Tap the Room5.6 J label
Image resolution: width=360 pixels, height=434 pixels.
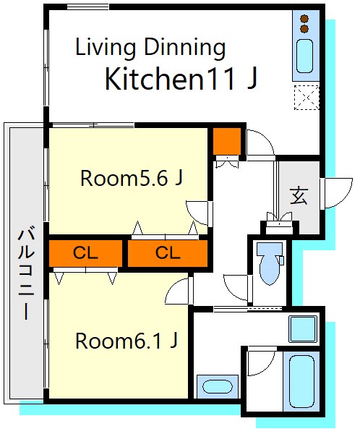click(x=132, y=178)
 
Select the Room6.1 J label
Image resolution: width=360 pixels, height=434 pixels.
click(x=127, y=341)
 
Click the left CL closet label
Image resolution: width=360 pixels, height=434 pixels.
click(x=85, y=253)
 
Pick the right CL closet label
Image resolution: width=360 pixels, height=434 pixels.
click(x=168, y=253)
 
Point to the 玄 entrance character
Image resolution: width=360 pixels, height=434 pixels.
click(x=299, y=196)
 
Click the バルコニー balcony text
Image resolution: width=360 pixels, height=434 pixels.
click(x=26, y=273)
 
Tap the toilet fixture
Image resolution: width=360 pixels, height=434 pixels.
click(x=270, y=263)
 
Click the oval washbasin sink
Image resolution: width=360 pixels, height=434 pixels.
click(x=217, y=386)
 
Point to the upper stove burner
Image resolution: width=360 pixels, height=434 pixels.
click(x=304, y=19)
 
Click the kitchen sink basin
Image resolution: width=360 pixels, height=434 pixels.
click(x=304, y=56)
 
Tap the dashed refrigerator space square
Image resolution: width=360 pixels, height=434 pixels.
click(x=307, y=98)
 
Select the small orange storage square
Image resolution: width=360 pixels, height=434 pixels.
click(x=226, y=141)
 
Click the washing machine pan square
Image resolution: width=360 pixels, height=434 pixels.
click(x=303, y=329)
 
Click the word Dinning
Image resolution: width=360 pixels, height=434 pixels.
click(x=185, y=48)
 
